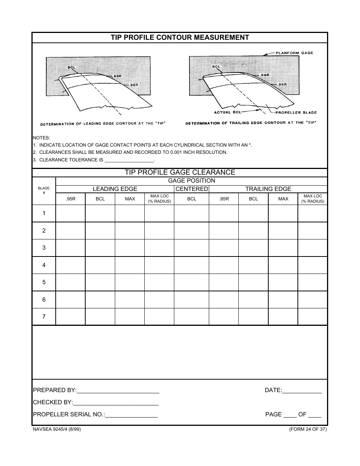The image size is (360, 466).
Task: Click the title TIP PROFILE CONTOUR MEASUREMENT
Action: point(180,38)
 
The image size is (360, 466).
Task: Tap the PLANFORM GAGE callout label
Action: point(294,53)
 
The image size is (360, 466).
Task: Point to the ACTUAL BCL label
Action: point(227,112)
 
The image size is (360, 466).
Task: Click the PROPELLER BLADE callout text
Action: point(296,113)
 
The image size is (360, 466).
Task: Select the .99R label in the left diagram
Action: point(117,76)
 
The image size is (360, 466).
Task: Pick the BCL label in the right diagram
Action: point(216,67)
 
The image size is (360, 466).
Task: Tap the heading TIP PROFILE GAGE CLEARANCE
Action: point(180,172)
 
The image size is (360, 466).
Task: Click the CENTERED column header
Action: point(191,189)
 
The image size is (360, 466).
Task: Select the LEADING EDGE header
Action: point(115,189)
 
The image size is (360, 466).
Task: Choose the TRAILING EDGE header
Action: point(268,189)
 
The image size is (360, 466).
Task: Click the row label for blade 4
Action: point(44,265)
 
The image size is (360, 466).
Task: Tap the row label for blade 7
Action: point(44,317)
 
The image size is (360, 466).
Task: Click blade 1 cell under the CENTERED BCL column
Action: point(191,213)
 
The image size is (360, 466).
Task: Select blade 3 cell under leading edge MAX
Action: point(130,248)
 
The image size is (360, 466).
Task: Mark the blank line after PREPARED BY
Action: point(118,391)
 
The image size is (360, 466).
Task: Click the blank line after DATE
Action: point(302,391)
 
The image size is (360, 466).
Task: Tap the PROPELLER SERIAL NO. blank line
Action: point(131,415)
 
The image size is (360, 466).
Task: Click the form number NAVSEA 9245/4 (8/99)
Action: point(57,429)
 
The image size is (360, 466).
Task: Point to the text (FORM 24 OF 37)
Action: point(307,429)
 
